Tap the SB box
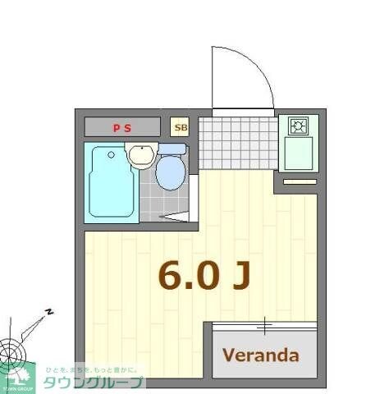click(x=181, y=127)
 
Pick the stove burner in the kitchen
click(x=297, y=126)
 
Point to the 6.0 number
click(x=189, y=277)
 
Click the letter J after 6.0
click(x=240, y=277)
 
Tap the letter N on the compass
click(x=49, y=312)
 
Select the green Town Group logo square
click(x=18, y=378)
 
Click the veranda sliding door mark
click(x=264, y=326)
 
